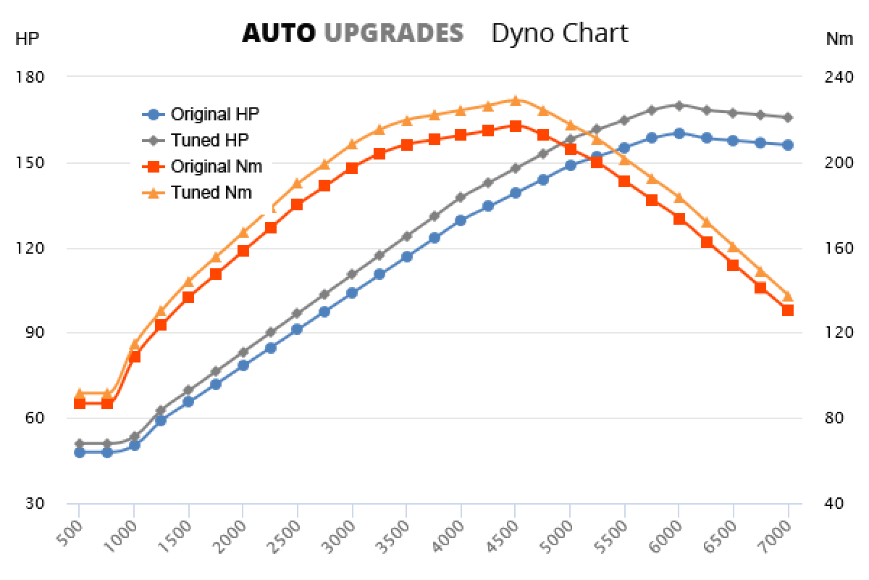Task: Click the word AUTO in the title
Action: point(278,33)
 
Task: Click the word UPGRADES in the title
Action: point(393,33)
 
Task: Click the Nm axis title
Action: point(839,39)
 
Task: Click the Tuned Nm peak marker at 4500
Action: point(515,101)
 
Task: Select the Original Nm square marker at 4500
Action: point(515,126)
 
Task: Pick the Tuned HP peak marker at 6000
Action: point(679,105)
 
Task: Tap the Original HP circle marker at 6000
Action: point(679,133)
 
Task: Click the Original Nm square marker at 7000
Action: point(788,310)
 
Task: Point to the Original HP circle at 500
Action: point(80,452)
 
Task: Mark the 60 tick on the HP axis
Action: point(35,418)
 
